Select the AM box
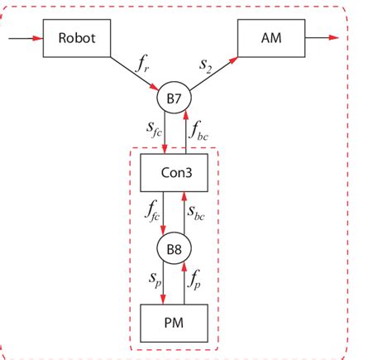pyautogui.click(x=270, y=38)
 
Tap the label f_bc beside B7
pyautogui.click(x=200, y=132)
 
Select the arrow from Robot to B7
pyautogui.click(x=136, y=74)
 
